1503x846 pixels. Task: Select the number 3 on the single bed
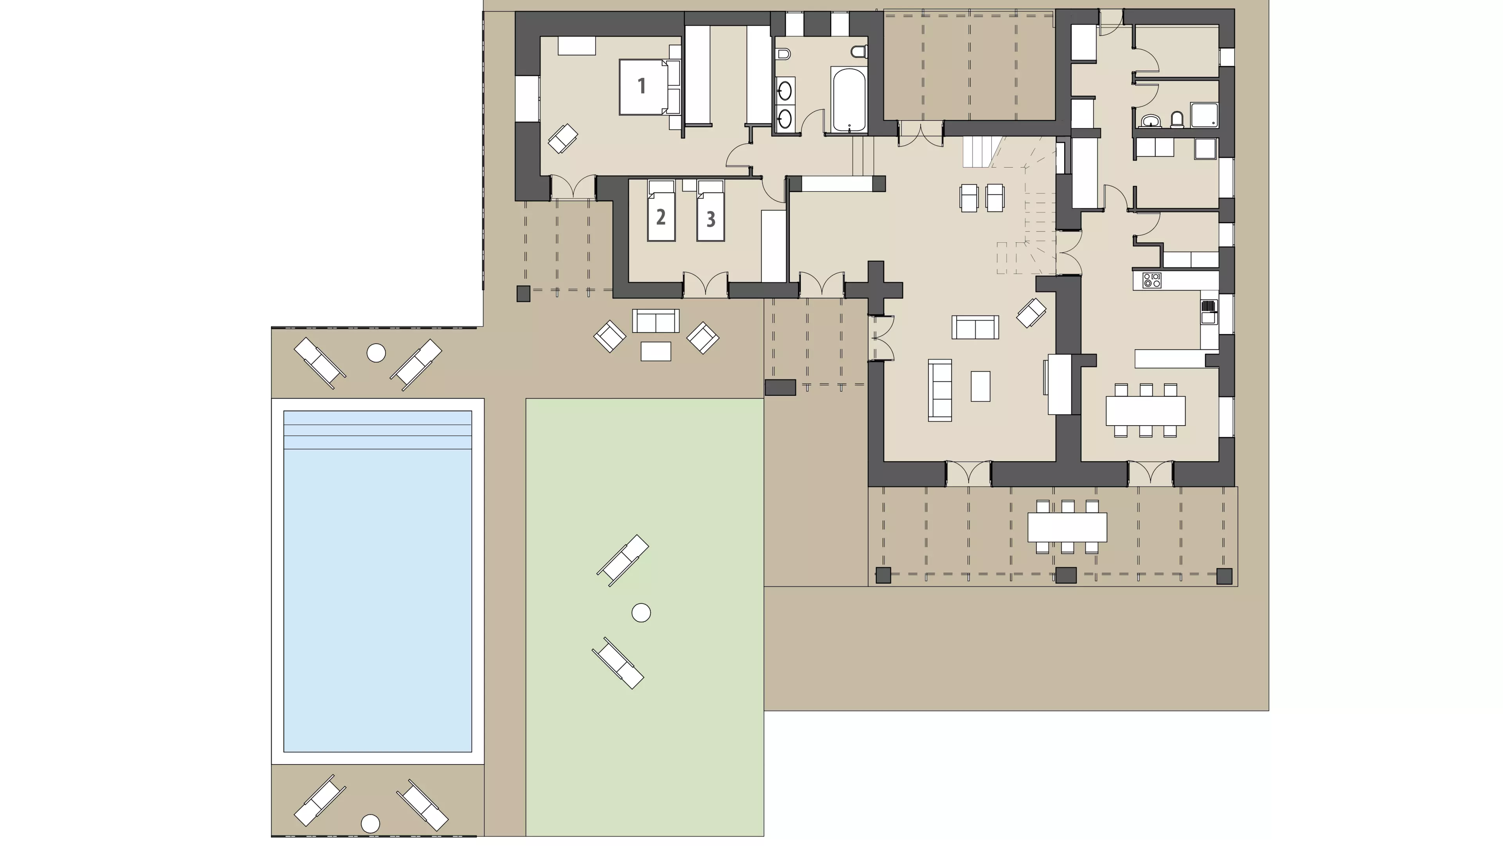[711, 219]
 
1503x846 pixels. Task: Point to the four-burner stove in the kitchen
[1152, 280]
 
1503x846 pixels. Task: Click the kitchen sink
[1208, 312]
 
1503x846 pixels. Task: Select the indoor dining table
[1145, 411]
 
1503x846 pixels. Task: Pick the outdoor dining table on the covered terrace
[1067, 527]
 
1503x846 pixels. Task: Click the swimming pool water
[377, 581]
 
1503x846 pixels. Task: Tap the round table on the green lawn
[641, 613]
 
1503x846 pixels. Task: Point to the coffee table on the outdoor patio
[656, 351]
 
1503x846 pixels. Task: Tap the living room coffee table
[980, 386]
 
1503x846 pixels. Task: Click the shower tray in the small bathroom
[1204, 115]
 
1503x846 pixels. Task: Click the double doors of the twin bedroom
[705, 285]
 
